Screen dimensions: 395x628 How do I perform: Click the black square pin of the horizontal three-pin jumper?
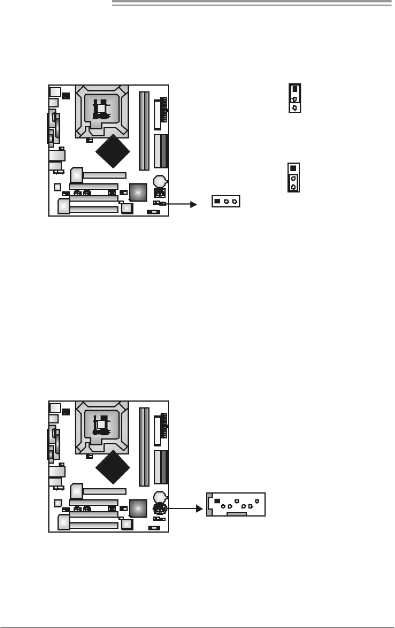(217, 202)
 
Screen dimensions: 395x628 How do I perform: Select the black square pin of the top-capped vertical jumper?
(294, 89)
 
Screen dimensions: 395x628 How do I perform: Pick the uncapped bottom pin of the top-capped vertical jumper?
(294, 107)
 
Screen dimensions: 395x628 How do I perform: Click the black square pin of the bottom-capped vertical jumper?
(293, 168)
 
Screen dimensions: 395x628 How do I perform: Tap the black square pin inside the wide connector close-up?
(217, 501)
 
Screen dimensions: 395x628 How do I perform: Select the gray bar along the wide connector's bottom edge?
(236, 515)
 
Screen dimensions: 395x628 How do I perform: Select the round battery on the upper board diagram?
(160, 181)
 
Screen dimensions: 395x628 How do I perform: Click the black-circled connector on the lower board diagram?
(160, 508)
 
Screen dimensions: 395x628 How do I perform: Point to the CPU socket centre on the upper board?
(102, 107)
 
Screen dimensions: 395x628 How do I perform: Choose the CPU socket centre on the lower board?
(102, 423)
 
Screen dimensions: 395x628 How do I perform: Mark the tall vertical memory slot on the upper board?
(143, 132)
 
